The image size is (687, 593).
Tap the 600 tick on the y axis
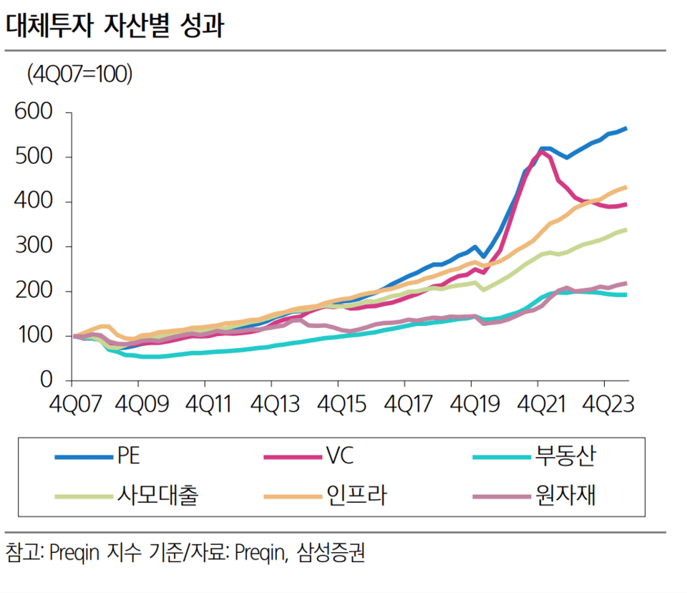(x=34, y=112)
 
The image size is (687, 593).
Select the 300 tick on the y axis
(x=34, y=246)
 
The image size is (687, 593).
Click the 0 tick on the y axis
(x=47, y=380)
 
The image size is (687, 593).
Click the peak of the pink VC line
(x=541, y=151)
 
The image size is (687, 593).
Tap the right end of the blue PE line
(x=626, y=128)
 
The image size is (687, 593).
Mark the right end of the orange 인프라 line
(x=626, y=188)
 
